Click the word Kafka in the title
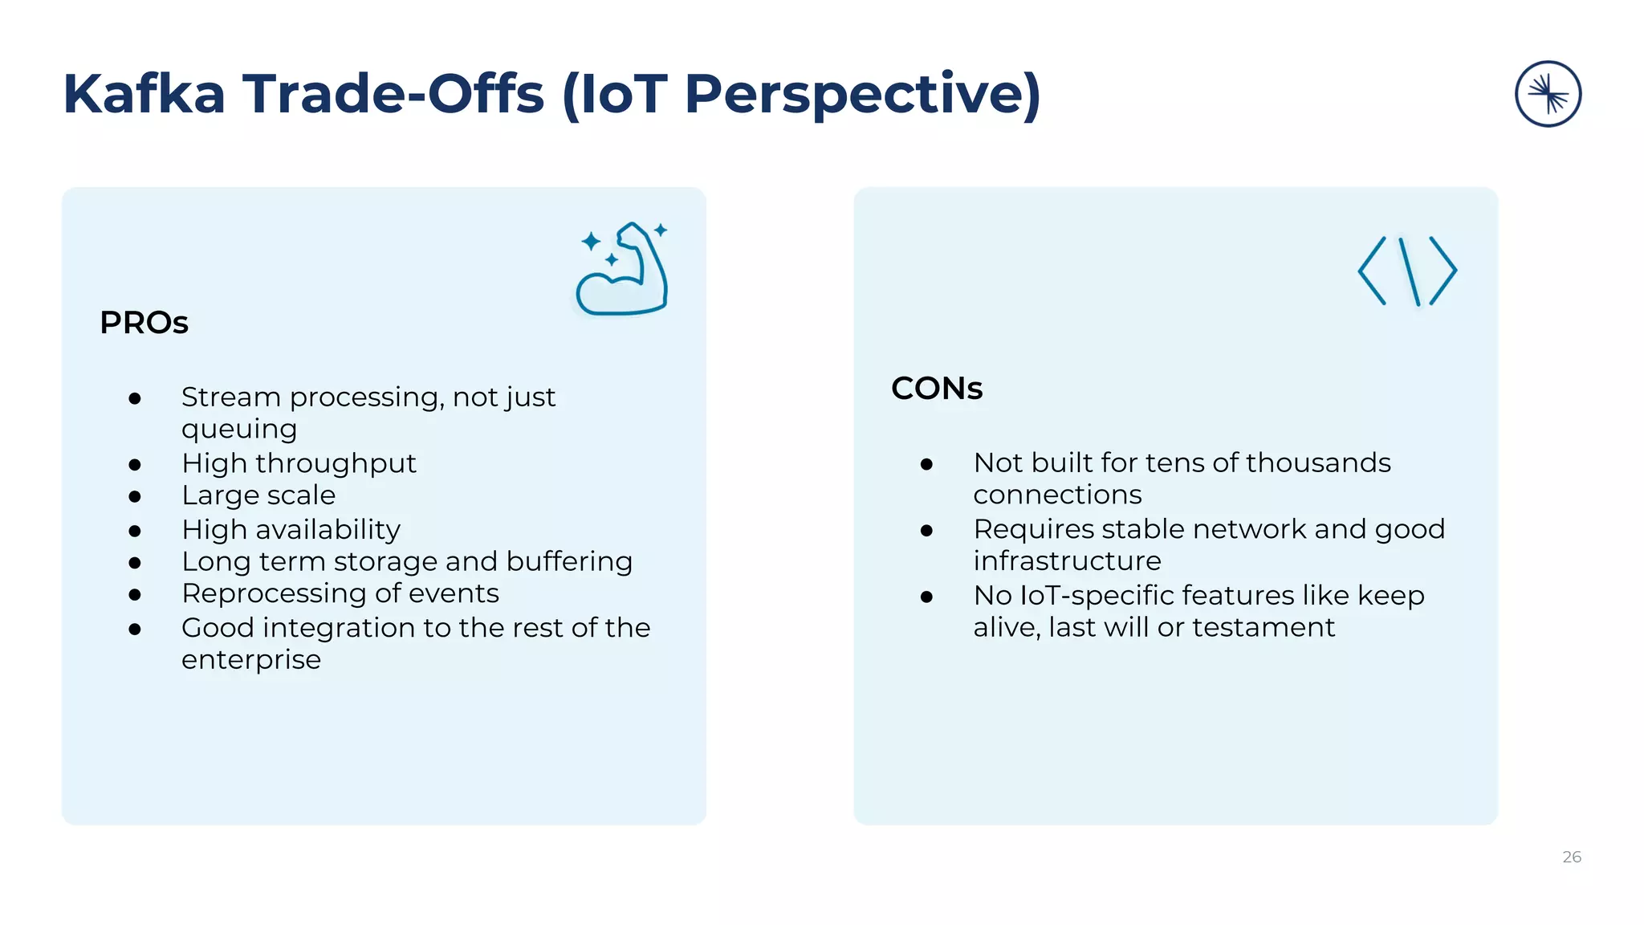[144, 95]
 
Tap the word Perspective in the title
[863, 95]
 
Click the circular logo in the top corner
[1548, 94]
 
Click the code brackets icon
[1407, 271]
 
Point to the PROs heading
[144, 323]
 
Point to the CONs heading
[937, 389]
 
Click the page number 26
[1571, 857]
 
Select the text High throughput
[299, 463]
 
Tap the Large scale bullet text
[258, 495]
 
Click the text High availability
[291, 530]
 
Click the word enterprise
[251, 659]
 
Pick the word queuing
[239, 430]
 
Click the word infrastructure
[1067, 560]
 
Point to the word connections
[1057, 495]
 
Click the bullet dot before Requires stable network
[926, 530]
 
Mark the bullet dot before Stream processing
[135, 398]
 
